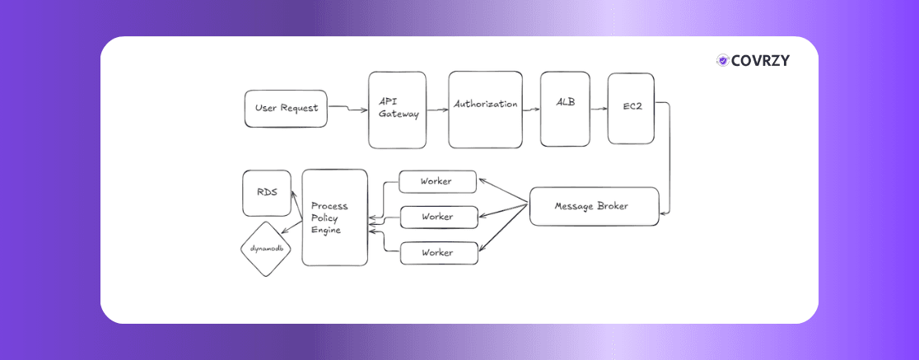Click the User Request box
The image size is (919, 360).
[x=286, y=109]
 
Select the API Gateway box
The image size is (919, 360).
[x=397, y=110]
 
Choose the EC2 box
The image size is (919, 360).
[x=631, y=108]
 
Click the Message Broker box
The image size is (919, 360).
[x=593, y=206]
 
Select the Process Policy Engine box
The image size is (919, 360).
[x=334, y=217]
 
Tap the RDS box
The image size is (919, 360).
[x=266, y=193]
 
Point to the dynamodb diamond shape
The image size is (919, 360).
[x=266, y=248]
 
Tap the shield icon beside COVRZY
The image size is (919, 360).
[x=722, y=60]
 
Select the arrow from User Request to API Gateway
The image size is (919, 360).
[x=348, y=109]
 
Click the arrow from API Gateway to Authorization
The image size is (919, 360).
[x=437, y=106]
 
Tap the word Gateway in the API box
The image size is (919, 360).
[x=399, y=115]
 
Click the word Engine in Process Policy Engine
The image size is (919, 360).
[x=326, y=231]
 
